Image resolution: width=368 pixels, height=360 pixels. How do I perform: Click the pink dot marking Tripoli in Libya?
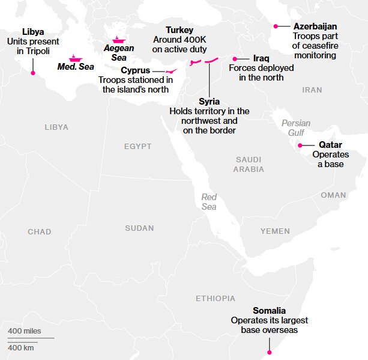pyautogui.click(x=33, y=73)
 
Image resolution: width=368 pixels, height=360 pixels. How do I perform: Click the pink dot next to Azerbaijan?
pyautogui.click(x=276, y=26)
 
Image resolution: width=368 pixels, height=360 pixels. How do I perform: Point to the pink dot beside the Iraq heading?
pyautogui.click(x=235, y=59)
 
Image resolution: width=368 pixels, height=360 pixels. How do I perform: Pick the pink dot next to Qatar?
pyautogui.click(x=300, y=145)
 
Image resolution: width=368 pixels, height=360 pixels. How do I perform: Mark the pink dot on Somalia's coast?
pyautogui.click(x=270, y=353)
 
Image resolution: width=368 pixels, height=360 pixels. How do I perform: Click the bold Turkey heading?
pyautogui.click(x=179, y=29)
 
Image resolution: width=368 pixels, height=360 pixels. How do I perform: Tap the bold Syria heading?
pyautogui.click(x=209, y=102)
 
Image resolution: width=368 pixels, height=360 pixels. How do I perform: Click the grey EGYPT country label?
pyautogui.click(x=138, y=147)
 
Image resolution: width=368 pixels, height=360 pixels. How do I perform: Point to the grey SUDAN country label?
pyautogui.click(x=139, y=228)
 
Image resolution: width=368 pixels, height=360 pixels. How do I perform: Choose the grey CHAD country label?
pyautogui.click(x=40, y=232)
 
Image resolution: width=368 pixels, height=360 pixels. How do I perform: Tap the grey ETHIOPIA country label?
pyautogui.click(x=216, y=299)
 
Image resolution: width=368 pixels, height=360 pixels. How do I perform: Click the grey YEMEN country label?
pyautogui.click(x=275, y=231)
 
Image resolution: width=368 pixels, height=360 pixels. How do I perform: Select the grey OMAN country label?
pyautogui.click(x=333, y=195)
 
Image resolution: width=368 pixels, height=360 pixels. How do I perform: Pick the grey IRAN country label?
pyautogui.click(x=312, y=90)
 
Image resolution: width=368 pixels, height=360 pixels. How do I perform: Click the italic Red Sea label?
pyautogui.click(x=209, y=202)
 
